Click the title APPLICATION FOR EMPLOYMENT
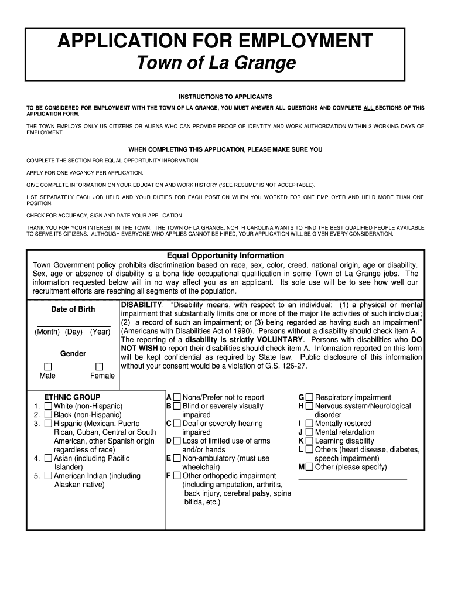coord(215,41)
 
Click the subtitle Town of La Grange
coord(215,63)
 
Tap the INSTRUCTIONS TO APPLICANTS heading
coord(225,96)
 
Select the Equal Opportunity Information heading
coord(225,255)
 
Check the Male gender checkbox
coord(47,366)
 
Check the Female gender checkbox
coord(98,366)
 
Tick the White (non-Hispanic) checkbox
coord(48,406)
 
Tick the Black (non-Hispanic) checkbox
coord(48,415)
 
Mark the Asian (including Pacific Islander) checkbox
coord(48,458)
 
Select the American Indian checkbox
coord(48,476)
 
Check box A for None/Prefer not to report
coord(177,397)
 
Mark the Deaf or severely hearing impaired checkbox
coord(177,423)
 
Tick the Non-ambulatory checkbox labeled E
coord(177,458)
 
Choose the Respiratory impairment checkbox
coord(309,397)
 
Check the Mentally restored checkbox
coord(309,423)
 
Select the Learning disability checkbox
coord(309,441)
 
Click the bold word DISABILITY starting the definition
coord(141,305)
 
